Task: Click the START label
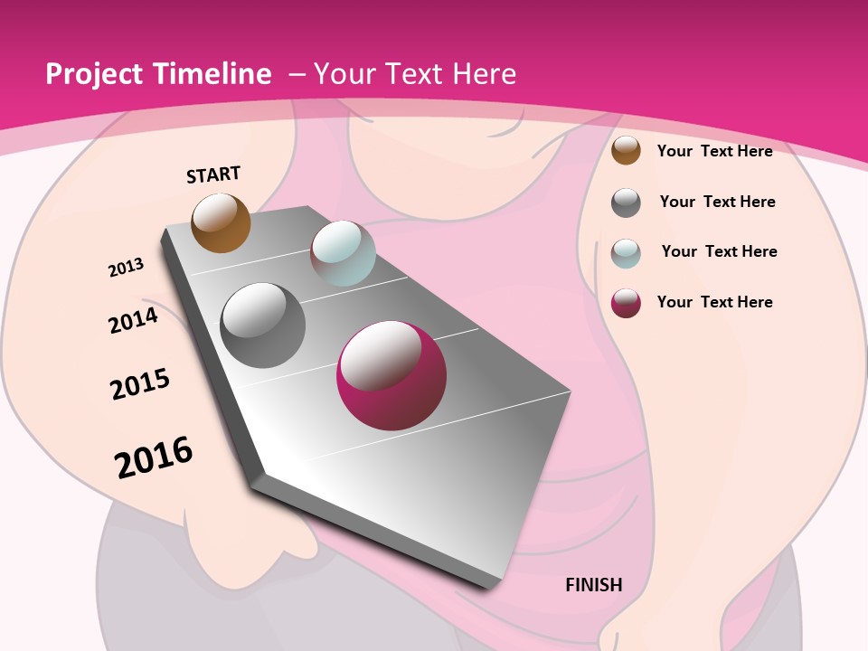click(x=213, y=175)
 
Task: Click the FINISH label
click(x=594, y=585)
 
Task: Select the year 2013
click(x=126, y=268)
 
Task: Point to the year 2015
click(x=140, y=384)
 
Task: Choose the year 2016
click(x=154, y=458)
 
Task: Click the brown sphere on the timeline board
click(x=221, y=222)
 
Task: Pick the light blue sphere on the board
click(x=343, y=253)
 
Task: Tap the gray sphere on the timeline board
click(x=263, y=325)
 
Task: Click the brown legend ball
click(x=626, y=150)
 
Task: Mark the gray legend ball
click(x=626, y=203)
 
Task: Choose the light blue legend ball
click(x=626, y=252)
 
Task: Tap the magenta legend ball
click(x=626, y=303)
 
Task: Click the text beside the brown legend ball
click(x=714, y=151)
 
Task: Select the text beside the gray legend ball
click(x=717, y=202)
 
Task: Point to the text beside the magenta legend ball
click(x=714, y=302)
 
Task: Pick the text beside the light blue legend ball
click(x=719, y=251)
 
